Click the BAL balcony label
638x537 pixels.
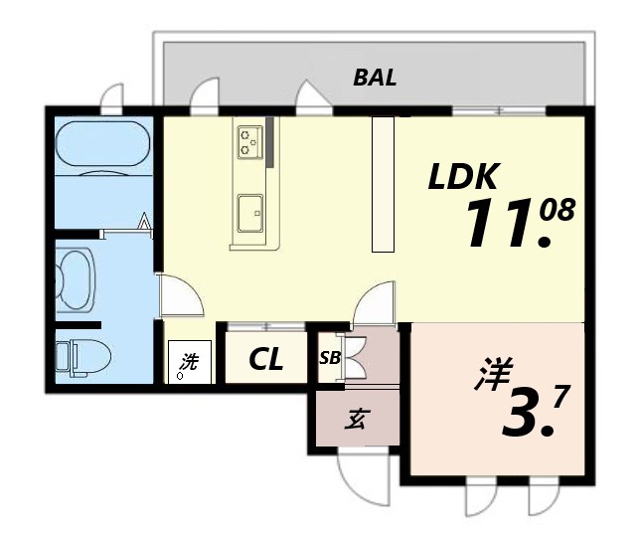(x=376, y=79)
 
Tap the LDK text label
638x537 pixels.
(x=462, y=177)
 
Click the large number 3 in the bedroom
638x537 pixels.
(x=523, y=415)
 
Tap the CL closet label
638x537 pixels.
(x=265, y=358)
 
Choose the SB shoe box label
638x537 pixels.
(x=329, y=358)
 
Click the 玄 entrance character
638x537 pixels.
(x=356, y=420)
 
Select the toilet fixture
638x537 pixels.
(x=77, y=357)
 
